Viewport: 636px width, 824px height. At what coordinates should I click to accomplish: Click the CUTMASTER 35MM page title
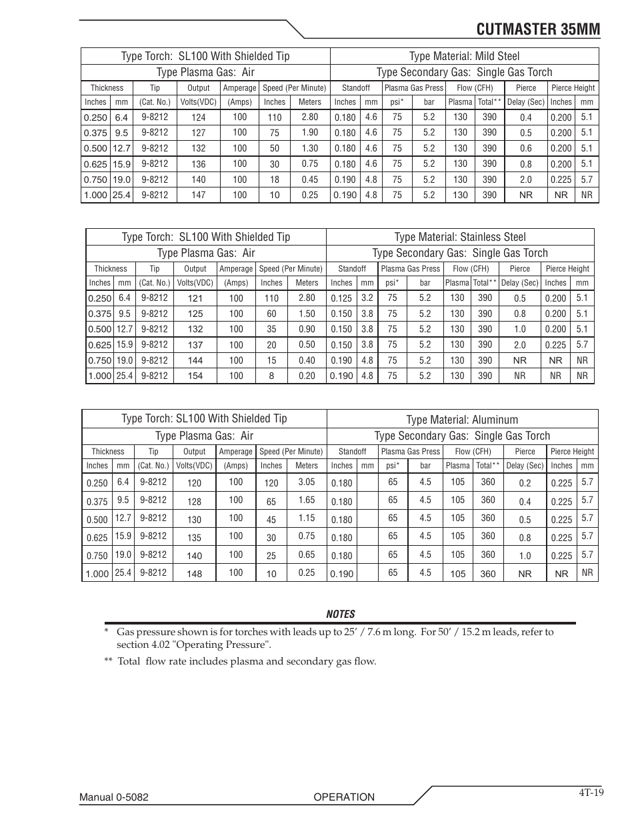[538, 29]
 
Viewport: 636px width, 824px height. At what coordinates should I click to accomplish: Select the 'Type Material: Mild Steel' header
[464, 56]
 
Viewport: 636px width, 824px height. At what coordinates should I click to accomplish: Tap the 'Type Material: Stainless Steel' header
[460, 237]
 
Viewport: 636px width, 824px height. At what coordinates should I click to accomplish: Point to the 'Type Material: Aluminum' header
[462, 420]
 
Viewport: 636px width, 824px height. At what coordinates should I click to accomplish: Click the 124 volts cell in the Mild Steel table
[198, 117]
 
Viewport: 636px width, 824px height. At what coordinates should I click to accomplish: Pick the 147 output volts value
[198, 195]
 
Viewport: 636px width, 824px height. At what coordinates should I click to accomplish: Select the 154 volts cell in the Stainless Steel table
[195, 376]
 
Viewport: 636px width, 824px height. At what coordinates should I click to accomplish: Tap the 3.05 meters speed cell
[307, 482]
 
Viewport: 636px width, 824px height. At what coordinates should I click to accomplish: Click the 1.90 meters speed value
[309, 133]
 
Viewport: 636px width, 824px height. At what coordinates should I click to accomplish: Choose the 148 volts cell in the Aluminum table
[194, 574]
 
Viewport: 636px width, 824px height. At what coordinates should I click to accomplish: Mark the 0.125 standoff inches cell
[341, 299]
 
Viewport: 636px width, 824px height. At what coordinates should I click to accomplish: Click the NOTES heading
[340, 614]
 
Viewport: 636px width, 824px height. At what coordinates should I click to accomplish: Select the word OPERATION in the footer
[344, 797]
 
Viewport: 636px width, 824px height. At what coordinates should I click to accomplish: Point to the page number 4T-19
[591, 793]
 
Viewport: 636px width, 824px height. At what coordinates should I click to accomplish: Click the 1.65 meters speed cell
[307, 500]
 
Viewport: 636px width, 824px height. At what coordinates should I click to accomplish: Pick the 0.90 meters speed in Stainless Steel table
[307, 329]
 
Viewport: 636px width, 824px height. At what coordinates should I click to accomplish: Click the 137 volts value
[195, 345]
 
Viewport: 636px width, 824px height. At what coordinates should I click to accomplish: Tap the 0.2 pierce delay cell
[525, 483]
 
